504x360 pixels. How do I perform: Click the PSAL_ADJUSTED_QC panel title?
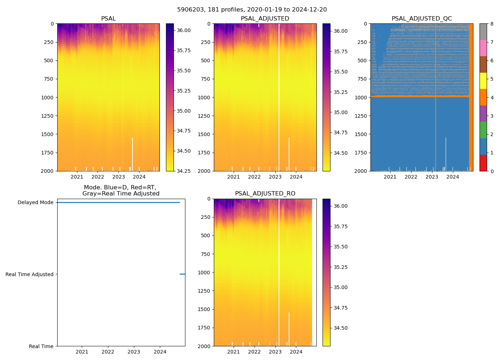pos(422,19)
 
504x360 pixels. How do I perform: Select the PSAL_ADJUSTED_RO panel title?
pos(265,194)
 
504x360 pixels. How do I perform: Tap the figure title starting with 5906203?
pos(252,10)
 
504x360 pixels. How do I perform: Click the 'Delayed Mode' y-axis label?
pos(35,202)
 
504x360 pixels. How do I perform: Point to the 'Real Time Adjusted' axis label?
pos(29,274)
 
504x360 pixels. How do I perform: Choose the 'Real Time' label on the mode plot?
pos(41,346)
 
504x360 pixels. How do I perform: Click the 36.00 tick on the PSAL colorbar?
pos(184,30)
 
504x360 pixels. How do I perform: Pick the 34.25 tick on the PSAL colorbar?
pos(184,171)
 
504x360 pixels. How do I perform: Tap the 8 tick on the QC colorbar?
pos(491,24)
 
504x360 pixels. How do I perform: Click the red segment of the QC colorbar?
pos(483,163)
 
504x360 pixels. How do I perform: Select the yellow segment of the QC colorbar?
pos(483,81)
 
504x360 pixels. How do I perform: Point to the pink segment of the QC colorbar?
pos(483,48)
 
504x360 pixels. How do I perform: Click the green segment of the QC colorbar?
pos(483,130)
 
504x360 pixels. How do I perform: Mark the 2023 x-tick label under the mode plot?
pos(134,352)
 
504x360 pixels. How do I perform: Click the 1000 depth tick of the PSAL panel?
pos(48,97)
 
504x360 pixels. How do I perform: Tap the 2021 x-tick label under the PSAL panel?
pos(77,177)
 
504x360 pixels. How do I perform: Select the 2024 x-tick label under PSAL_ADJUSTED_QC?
pos(453,177)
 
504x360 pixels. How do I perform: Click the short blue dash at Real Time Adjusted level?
pos(182,274)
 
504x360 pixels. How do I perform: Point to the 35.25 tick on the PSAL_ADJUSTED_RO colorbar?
pos(340,267)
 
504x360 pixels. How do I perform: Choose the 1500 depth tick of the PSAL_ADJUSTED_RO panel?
pos(204,309)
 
